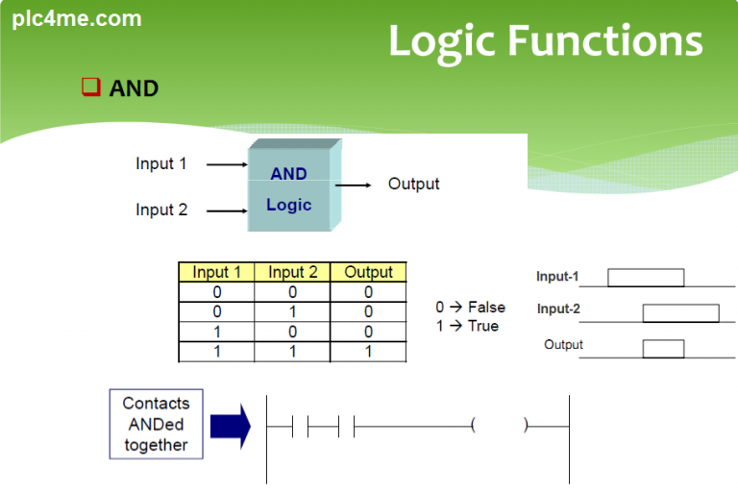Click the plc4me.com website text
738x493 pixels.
pos(77,18)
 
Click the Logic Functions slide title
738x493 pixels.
pos(545,41)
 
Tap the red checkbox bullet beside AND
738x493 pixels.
pos(90,87)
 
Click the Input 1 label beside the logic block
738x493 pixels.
pos(161,163)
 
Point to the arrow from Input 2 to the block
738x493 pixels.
pos(228,210)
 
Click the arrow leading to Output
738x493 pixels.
pos(355,185)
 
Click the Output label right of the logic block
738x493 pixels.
pos(413,184)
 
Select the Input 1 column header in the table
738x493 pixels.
pos(216,272)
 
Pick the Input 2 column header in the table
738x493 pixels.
pos(293,272)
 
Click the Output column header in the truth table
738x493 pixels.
pos(368,272)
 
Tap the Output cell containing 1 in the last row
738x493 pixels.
pos(368,352)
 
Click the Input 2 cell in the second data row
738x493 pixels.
pos(293,311)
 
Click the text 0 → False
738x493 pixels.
pos(470,308)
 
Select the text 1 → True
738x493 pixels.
pos(467,326)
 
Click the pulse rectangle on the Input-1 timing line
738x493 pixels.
pos(646,278)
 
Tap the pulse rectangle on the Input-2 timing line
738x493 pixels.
pos(680,312)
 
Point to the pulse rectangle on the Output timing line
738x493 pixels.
pos(663,348)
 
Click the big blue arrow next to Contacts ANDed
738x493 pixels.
pos(230,425)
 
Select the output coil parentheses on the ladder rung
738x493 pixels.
pos(499,425)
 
